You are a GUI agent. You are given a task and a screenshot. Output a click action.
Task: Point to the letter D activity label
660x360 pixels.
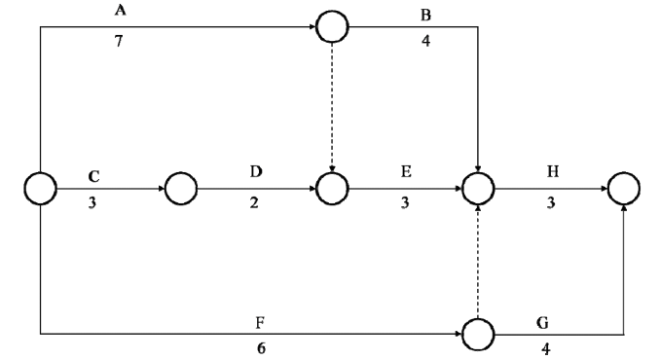point(256,172)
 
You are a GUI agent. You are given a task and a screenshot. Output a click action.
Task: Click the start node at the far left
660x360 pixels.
point(40,188)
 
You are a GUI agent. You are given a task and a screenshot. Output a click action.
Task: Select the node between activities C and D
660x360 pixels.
point(182,188)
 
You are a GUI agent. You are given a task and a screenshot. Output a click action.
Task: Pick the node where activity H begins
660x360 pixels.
point(477,188)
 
